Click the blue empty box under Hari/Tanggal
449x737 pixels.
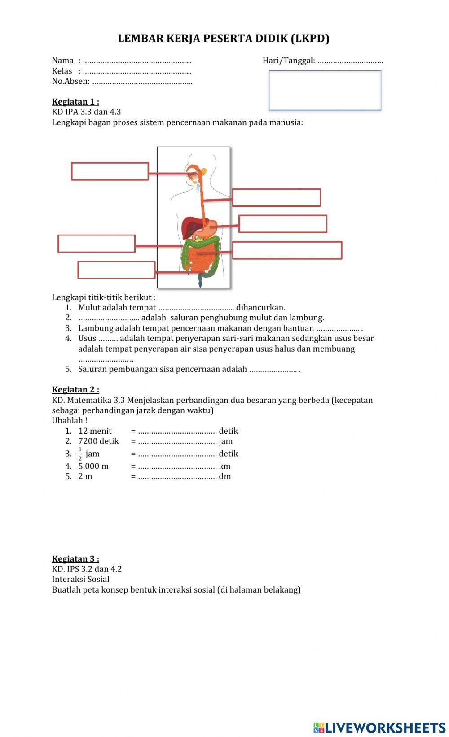tap(325, 90)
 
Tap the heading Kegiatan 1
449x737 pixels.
tap(75, 102)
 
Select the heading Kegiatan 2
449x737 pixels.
tap(75, 389)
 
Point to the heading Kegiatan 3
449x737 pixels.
tap(75, 558)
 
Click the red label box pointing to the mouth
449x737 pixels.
tap(110, 171)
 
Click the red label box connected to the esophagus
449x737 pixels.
tap(276, 197)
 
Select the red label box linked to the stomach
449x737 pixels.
tap(282, 224)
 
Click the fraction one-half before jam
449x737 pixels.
tap(80, 454)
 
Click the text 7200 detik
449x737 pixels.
tap(98, 441)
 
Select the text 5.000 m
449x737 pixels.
tap(93, 466)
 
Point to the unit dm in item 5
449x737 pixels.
tap(225, 476)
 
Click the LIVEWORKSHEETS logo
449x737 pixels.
tap(379, 728)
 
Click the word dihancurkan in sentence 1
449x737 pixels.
tap(260, 308)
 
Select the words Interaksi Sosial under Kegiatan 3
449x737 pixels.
tap(81, 579)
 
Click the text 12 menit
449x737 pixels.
tap(95, 431)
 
